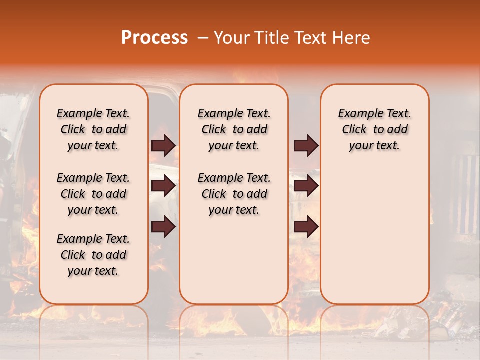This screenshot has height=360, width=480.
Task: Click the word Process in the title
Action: pos(154,38)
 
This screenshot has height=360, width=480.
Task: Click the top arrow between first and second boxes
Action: pos(163,145)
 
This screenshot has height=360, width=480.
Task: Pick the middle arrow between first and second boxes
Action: pos(163,186)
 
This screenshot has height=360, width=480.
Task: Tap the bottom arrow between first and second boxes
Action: pos(163,227)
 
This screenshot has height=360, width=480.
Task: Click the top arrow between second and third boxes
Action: pos(306,145)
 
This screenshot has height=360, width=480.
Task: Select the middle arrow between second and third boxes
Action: pos(306,186)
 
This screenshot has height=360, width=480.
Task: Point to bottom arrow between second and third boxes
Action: pos(306,227)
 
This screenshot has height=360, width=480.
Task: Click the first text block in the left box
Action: pos(93,129)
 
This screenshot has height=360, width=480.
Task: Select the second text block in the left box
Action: pos(93,194)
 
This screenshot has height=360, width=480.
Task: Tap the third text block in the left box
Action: pos(93,255)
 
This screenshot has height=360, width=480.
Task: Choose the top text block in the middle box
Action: pos(234,129)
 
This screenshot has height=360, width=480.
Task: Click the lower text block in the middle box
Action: pos(234,194)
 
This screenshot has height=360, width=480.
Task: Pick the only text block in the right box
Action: pos(374,129)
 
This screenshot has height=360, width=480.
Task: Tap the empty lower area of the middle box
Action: pos(234,260)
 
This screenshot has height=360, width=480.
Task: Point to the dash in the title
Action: pos(203,38)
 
